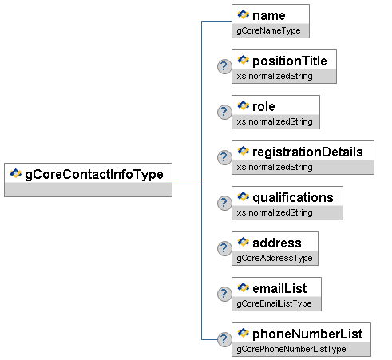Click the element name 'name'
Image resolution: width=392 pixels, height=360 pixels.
click(x=269, y=16)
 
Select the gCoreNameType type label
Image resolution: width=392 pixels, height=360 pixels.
click(x=268, y=31)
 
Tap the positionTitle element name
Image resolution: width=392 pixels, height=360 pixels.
click(x=290, y=61)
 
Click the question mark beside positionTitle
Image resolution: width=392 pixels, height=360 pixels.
click(x=224, y=66)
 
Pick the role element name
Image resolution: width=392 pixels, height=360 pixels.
click(x=263, y=107)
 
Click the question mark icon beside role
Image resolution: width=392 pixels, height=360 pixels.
click(x=224, y=112)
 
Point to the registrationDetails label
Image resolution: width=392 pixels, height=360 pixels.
click(x=307, y=152)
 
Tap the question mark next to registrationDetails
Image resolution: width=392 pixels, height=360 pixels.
click(x=224, y=157)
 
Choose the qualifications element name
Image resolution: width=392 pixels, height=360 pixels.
click(x=293, y=198)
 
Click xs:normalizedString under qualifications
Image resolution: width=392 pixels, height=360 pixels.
click(x=275, y=212)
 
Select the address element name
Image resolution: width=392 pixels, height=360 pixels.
click(x=277, y=243)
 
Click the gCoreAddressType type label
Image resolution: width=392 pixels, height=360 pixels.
click(x=275, y=259)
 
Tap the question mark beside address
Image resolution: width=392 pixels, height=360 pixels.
click(x=224, y=248)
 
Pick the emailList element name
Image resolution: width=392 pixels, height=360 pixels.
click(x=279, y=289)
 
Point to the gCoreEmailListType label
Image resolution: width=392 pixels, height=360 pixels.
click(x=274, y=304)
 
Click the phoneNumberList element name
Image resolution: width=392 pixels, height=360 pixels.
click(x=307, y=334)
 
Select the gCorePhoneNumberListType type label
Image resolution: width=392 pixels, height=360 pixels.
click(x=291, y=350)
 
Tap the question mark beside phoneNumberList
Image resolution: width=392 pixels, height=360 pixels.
click(x=224, y=339)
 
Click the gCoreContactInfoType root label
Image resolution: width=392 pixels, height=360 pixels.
click(x=94, y=175)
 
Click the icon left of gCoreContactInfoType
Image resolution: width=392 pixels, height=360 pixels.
click(x=16, y=173)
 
